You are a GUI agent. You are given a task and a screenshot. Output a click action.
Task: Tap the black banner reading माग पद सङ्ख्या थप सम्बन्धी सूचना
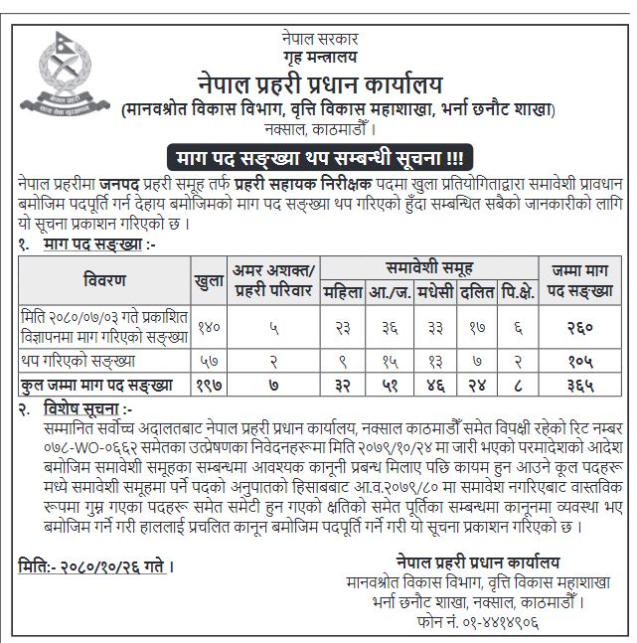coord(318,158)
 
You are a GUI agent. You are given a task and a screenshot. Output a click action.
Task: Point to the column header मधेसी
coord(437,293)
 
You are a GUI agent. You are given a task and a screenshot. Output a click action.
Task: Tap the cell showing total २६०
coord(580,326)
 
